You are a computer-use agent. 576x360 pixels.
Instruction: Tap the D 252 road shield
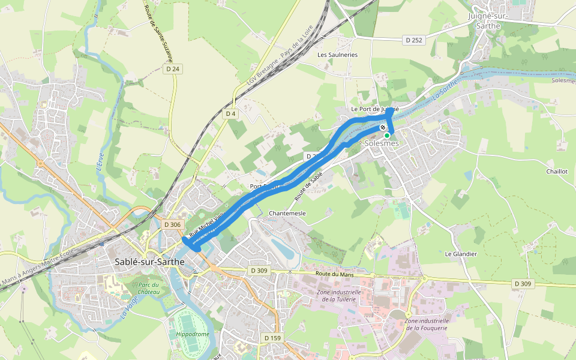(413, 40)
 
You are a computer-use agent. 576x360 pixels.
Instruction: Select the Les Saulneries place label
(337, 55)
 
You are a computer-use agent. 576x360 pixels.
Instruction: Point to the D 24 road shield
(172, 69)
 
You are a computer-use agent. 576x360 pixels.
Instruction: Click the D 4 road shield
(231, 113)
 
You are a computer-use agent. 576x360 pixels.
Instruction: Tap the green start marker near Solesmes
(387, 136)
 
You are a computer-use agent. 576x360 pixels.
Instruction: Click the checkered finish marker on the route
(383, 127)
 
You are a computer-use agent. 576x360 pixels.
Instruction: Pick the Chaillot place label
(556, 171)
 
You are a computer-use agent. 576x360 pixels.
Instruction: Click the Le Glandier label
(460, 254)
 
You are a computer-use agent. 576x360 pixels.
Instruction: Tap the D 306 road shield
(172, 224)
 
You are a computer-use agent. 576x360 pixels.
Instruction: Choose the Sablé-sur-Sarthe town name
(149, 262)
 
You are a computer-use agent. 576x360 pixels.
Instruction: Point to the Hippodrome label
(193, 334)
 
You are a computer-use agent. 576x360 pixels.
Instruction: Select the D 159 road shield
(272, 338)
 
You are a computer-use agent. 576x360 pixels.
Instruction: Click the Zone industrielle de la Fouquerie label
(427, 324)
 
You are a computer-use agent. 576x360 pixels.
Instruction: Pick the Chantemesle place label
(287, 213)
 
